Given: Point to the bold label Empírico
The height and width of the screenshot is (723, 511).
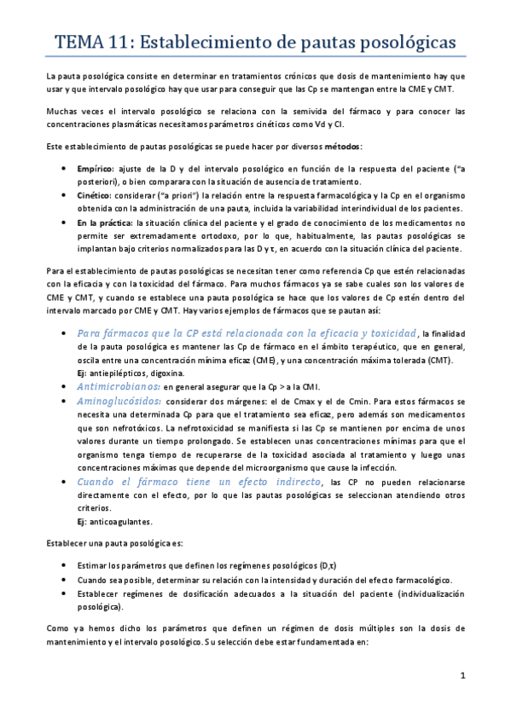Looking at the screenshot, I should [96, 170].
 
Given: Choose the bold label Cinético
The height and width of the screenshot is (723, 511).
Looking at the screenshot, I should [95, 195].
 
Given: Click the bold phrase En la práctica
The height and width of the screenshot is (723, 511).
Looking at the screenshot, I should [105, 223].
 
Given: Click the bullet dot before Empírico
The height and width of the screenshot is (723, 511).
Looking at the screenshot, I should [66, 170].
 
